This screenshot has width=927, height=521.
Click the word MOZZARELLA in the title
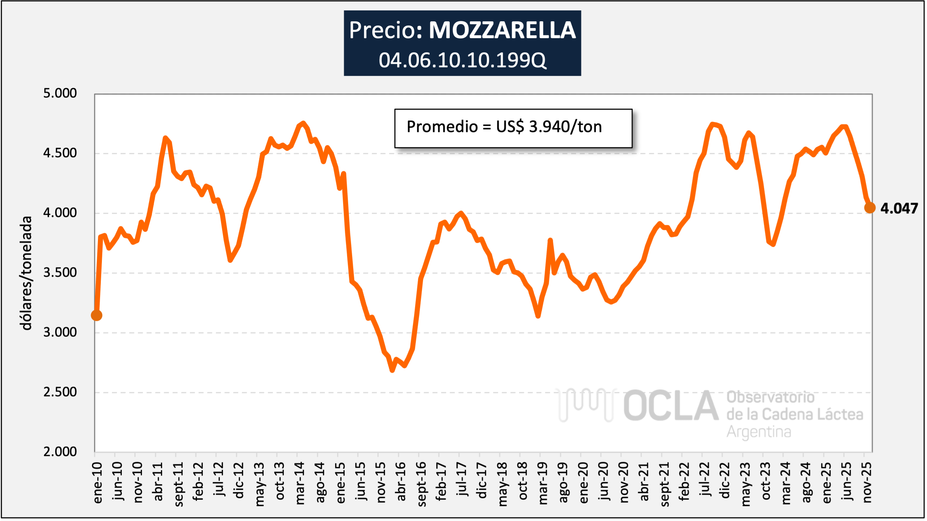coord(502,30)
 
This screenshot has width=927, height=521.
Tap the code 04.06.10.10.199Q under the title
coord(462,60)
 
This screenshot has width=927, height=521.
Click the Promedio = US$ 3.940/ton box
coord(513,128)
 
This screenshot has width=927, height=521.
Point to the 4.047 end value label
coord(899,208)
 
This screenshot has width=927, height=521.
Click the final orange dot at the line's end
coord(870,208)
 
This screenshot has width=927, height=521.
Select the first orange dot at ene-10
coord(96,315)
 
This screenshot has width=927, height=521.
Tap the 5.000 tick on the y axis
coord(60,93)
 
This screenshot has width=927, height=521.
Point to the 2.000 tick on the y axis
coord(60,452)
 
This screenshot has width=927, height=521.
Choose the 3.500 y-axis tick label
coord(60,272)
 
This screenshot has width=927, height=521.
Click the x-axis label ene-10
coord(98,483)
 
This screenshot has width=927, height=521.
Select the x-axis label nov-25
coord(867,483)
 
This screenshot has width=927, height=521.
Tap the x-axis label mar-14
coord(300,483)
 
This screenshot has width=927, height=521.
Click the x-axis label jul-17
coord(462,480)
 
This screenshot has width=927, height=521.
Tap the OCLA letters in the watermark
coord(671,406)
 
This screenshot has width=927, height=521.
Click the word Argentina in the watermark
coord(759,432)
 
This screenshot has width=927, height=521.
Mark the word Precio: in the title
coord(386,30)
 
